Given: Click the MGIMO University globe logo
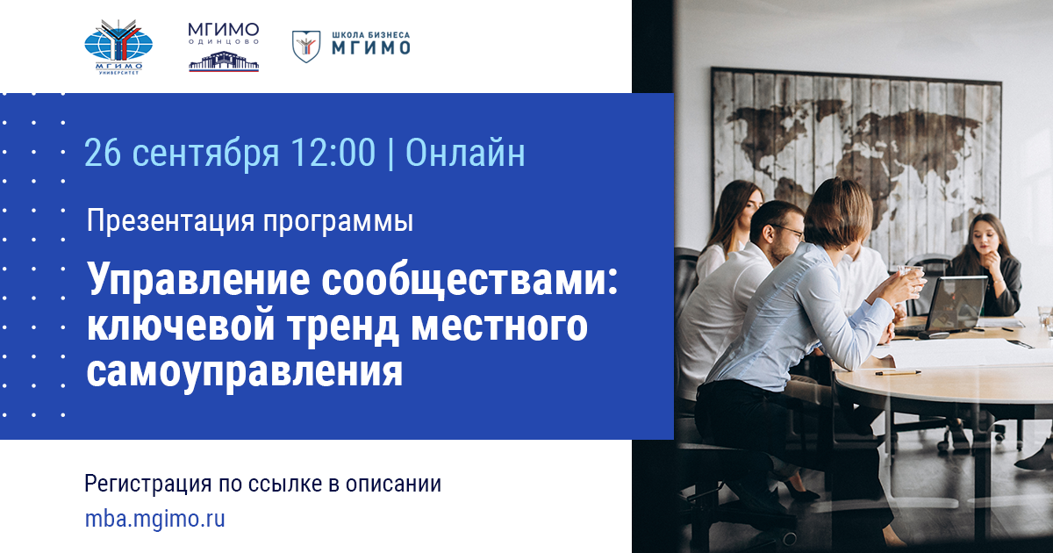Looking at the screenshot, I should coord(118,47).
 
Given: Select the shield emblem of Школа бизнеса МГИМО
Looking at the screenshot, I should coord(305,46).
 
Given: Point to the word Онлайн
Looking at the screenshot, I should coord(465,153).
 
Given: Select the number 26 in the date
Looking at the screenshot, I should coord(104,153).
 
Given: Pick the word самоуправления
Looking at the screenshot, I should coord(245,372).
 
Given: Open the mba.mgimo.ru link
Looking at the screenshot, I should coord(155,518).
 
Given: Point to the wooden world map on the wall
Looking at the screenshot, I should coord(856,149).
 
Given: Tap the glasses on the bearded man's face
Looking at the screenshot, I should coord(788,229).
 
